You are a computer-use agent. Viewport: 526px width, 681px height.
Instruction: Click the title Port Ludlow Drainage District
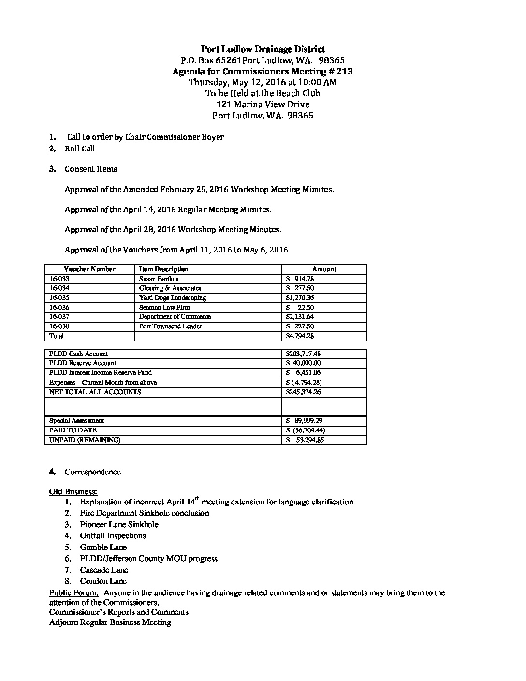click(x=263, y=49)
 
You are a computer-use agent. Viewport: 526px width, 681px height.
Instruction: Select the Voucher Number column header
click(x=89, y=269)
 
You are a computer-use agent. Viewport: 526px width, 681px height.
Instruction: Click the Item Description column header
click(x=163, y=269)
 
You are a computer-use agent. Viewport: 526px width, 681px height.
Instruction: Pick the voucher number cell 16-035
click(x=59, y=298)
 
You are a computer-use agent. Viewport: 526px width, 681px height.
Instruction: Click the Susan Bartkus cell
click(x=159, y=279)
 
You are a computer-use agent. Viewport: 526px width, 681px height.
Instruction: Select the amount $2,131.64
click(x=300, y=317)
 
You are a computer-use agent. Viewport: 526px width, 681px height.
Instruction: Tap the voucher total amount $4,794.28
click(x=300, y=336)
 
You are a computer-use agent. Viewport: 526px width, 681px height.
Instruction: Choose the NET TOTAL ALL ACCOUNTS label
click(x=95, y=392)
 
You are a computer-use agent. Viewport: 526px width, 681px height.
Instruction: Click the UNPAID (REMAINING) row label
click(x=85, y=440)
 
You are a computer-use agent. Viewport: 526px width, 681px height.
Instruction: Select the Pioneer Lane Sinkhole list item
click(x=119, y=525)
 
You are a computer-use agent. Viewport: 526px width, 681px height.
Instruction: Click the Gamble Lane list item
click(x=103, y=548)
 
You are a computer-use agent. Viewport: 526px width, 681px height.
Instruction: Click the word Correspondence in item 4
click(x=93, y=472)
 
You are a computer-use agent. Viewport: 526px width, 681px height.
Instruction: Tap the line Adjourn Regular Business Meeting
click(x=110, y=622)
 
